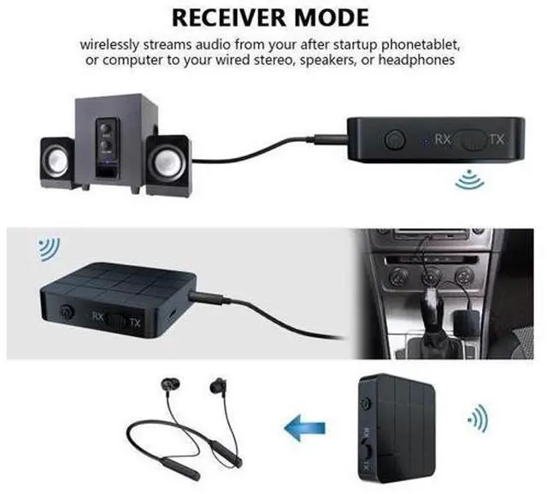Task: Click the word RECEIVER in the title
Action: click(x=236, y=17)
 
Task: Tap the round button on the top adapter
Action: click(x=395, y=137)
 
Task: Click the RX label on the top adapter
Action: click(x=443, y=138)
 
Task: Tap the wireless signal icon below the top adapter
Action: click(x=467, y=179)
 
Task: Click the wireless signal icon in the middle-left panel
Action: click(x=48, y=250)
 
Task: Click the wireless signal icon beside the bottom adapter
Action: click(x=476, y=420)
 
